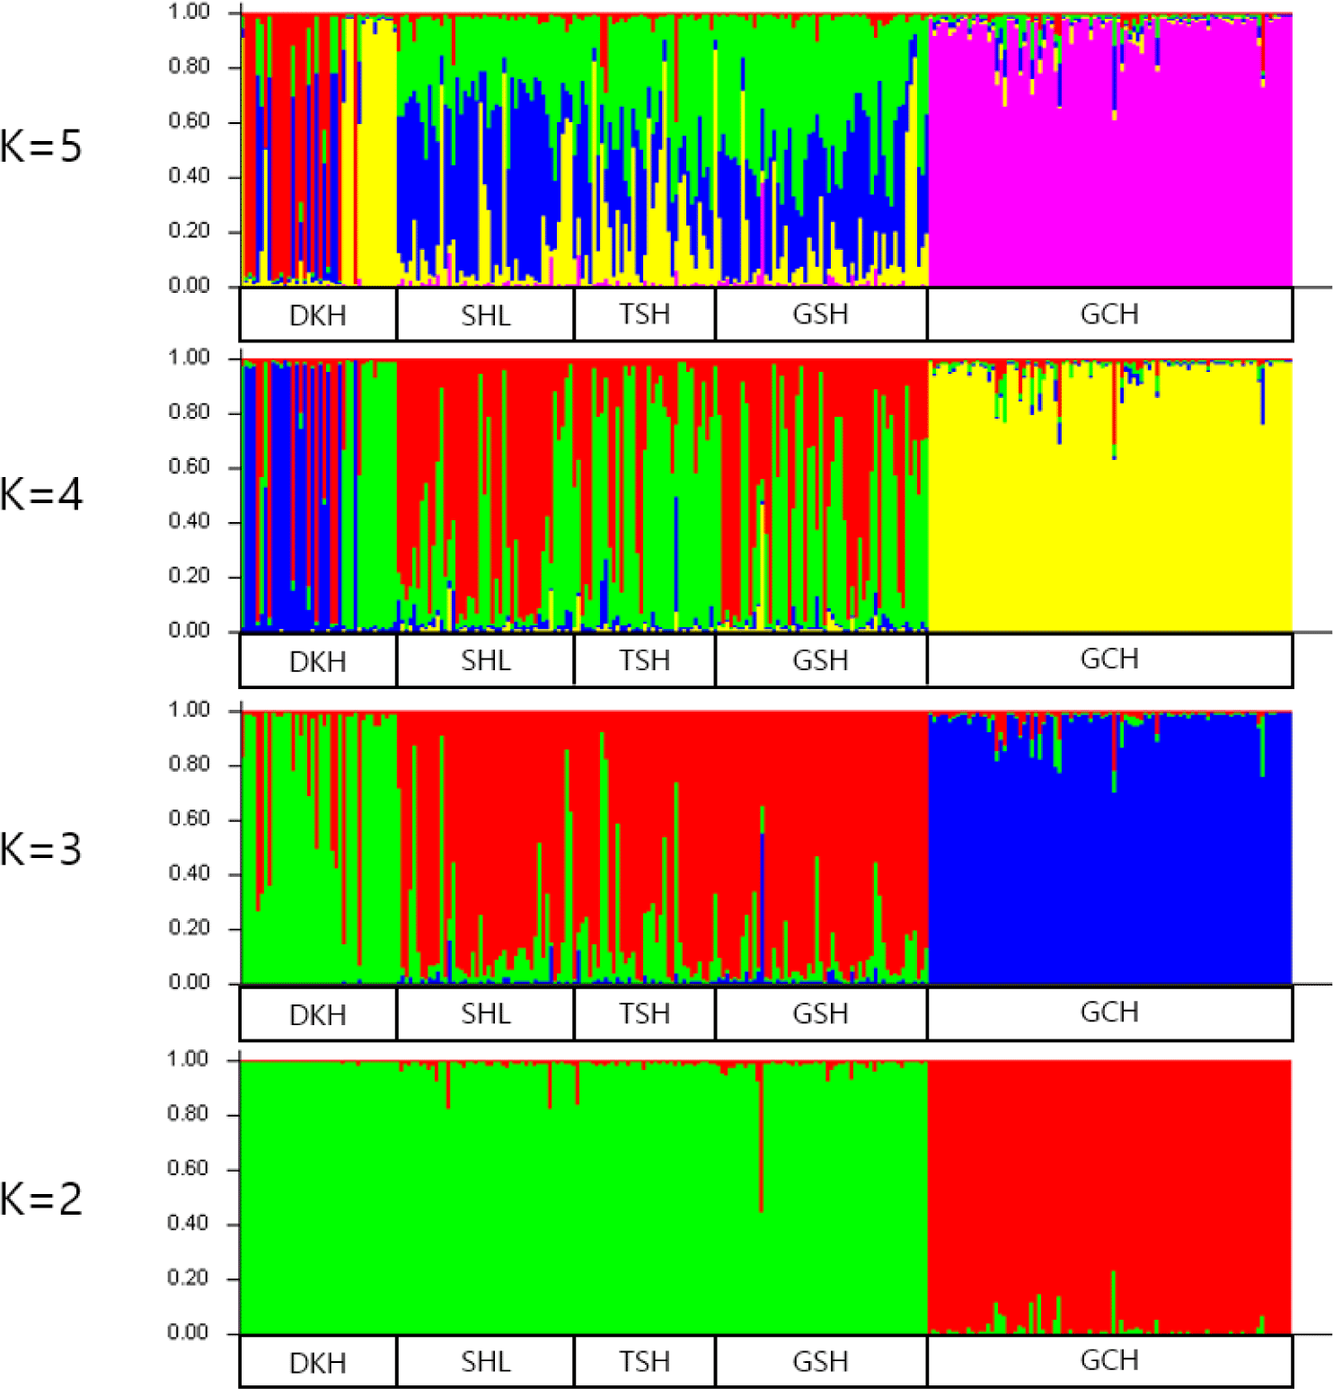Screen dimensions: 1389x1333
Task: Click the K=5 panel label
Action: coord(41,146)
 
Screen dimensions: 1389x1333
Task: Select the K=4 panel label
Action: coord(41,494)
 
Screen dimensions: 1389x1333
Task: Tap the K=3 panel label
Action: coord(41,849)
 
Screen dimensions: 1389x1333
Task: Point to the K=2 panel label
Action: coord(41,1199)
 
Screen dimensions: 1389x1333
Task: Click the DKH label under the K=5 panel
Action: coord(317,316)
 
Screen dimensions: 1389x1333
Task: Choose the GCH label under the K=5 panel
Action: coord(1109,314)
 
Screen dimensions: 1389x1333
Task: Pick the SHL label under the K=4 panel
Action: coord(485,661)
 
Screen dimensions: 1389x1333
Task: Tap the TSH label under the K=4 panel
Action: coord(644,661)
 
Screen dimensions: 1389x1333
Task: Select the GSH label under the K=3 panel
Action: coord(820,1014)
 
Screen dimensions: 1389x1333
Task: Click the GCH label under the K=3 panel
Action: coord(1109,1013)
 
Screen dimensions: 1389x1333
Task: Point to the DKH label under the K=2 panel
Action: coord(317,1363)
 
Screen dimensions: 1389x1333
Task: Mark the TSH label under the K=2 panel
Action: coord(644,1362)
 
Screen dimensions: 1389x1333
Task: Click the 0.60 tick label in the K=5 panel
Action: coord(190,121)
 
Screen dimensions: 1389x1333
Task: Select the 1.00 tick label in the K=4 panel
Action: coord(190,358)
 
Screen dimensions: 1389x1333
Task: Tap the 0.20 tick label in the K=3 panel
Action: coord(190,927)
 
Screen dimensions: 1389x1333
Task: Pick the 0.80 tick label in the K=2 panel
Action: coord(189,1114)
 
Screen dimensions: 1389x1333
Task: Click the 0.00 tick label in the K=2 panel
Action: coord(189,1332)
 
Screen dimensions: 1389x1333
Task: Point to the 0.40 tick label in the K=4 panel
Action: coord(190,521)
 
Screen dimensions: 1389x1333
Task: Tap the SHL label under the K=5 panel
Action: coord(485,316)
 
